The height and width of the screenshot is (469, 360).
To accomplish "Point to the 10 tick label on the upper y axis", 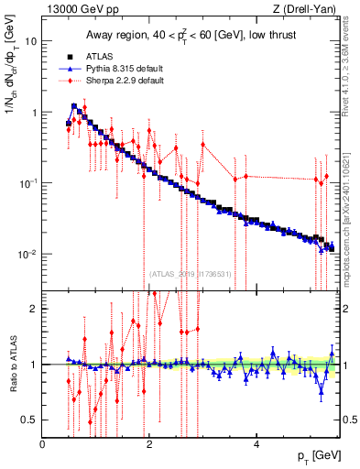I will click(31, 41).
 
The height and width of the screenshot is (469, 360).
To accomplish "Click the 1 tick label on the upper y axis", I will click(34, 113).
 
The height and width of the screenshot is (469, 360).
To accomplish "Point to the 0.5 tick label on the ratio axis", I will click(30, 420).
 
